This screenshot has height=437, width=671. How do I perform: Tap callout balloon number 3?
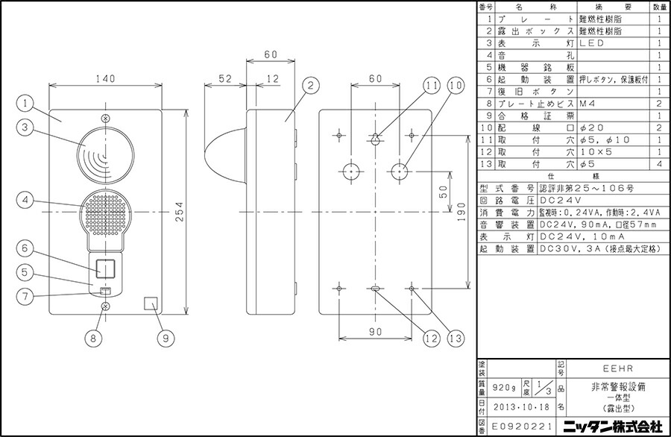(26, 128)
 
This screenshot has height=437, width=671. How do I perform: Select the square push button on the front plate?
(106, 266)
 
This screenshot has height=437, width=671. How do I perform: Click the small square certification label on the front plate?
(151, 305)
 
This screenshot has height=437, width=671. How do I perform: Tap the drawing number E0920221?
(515, 429)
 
